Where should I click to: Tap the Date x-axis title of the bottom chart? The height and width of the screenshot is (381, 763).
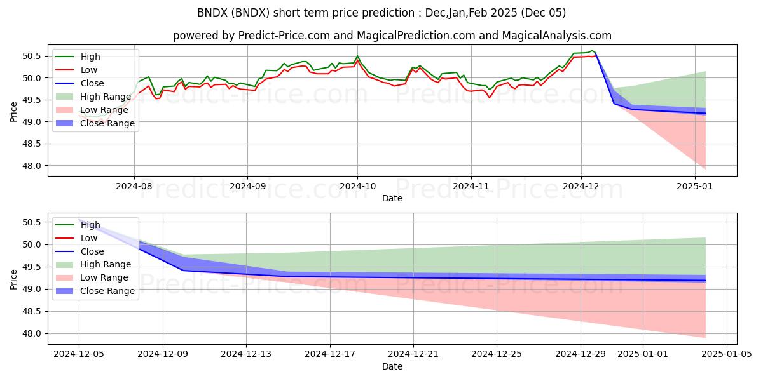[x=392, y=367]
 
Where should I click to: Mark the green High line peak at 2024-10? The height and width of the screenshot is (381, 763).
[x=357, y=56]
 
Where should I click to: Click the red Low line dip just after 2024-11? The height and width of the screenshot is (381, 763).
[x=489, y=97]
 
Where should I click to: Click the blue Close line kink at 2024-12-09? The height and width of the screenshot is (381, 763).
[x=184, y=271]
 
